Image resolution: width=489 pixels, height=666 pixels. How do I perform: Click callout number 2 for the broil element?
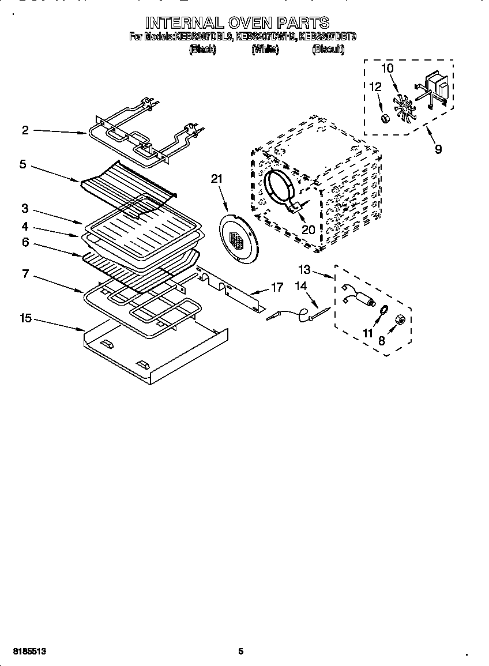tap(25, 130)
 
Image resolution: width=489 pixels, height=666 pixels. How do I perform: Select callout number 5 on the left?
tap(22, 164)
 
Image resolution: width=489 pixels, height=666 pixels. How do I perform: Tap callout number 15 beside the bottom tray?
tap(25, 318)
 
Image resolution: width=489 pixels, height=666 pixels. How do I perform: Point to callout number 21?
tap(216, 179)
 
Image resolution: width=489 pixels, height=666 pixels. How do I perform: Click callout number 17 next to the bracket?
tap(277, 287)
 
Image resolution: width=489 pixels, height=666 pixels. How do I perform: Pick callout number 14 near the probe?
tap(301, 285)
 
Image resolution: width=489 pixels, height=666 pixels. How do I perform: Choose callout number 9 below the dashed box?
tap(438, 149)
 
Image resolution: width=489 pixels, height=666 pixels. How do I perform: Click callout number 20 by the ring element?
tap(308, 229)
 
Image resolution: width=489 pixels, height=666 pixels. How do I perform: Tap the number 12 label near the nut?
tap(375, 87)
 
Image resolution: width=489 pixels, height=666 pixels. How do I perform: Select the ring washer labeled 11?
tap(381, 311)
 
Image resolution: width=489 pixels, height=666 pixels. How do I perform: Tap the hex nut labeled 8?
tap(398, 320)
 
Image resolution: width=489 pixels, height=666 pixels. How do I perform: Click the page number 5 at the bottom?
tap(241, 651)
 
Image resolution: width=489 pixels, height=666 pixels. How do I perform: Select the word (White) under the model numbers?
tap(265, 50)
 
